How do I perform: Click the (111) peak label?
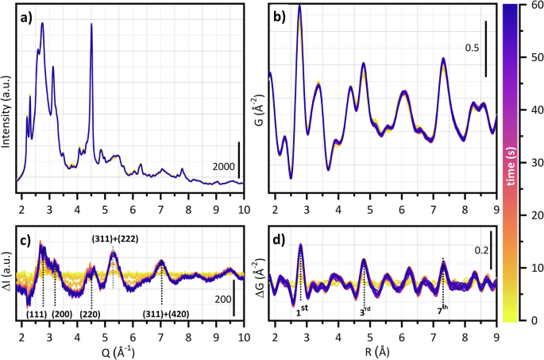tap(37, 315)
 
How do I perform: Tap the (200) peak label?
tap(63, 315)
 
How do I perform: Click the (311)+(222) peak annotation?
tap(113, 235)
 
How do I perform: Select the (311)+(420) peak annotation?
tap(166, 315)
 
